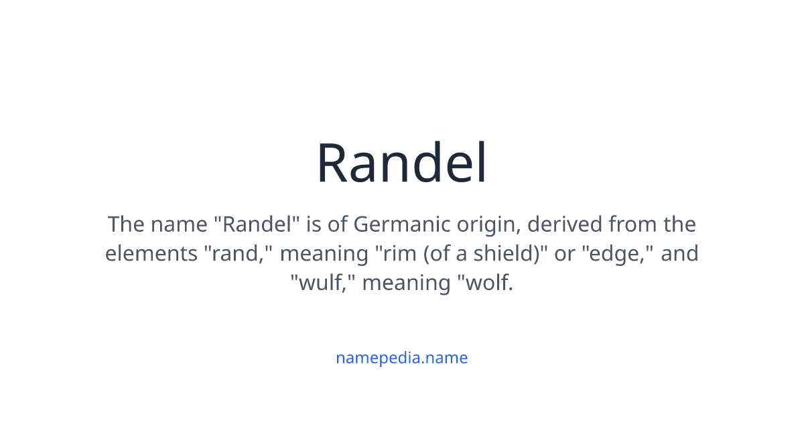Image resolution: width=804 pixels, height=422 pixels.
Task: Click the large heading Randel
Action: click(402, 163)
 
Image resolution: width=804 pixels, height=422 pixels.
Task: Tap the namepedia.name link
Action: click(401, 358)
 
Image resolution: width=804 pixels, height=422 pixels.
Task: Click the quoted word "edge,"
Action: click(613, 254)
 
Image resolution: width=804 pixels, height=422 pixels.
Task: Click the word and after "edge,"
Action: click(680, 254)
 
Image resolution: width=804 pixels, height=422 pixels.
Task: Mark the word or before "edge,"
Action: click(564, 254)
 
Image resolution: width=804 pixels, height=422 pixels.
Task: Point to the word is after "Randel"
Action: click(314, 224)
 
